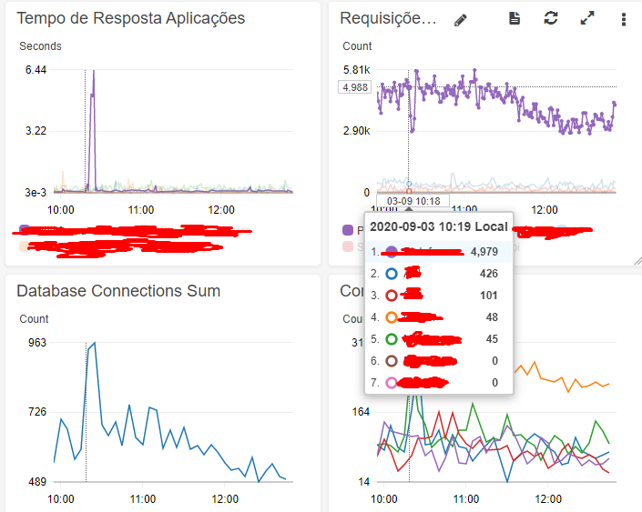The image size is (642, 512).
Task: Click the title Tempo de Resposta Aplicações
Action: (x=130, y=18)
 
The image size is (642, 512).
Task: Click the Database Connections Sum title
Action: (x=118, y=291)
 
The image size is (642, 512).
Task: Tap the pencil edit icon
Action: (x=461, y=19)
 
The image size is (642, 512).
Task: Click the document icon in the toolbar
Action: (x=515, y=19)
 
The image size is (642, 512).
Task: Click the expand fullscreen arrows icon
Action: (x=587, y=19)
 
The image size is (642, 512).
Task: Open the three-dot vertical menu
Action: (x=624, y=19)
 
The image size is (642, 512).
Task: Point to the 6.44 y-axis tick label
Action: (x=36, y=70)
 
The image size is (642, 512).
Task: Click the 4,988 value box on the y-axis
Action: (x=354, y=87)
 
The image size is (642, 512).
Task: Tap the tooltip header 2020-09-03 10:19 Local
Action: (x=439, y=226)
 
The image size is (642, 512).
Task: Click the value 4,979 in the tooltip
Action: (x=483, y=251)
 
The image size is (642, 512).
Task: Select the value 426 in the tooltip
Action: (x=489, y=273)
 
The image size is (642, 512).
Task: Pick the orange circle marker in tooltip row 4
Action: (x=392, y=317)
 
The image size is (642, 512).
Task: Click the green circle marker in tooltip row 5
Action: (x=392, y=339)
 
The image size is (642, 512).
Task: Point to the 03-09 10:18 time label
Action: (x=413, y=201)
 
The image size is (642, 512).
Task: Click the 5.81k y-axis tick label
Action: (x=356, y=70)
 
